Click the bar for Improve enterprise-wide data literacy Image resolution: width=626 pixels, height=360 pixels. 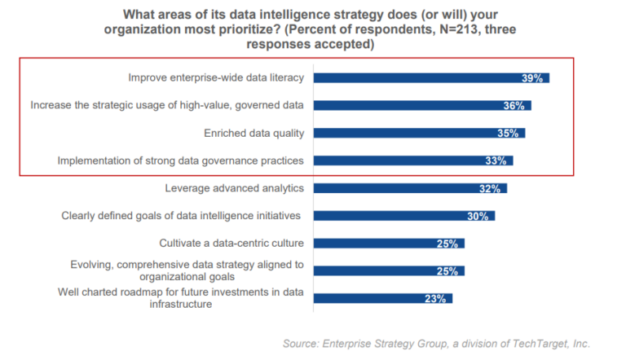click(431, 78)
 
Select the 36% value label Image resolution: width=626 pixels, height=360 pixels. click(515, 106)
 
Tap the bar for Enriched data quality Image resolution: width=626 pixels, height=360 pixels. click(419, 133)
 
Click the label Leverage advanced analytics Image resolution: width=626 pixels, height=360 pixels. click(234, 188)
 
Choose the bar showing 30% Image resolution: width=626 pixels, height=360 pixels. click(404, 216)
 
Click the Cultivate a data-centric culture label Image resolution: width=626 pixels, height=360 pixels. click(231, 243)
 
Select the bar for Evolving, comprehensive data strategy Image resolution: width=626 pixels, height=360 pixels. click(389, 270)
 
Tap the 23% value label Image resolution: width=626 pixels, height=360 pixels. click(435, 299)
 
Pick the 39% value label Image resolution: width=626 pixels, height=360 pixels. click(533, 78)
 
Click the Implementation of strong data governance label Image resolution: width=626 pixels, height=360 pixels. click(181, 160)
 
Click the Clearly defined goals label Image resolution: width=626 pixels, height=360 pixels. click(181, 216)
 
